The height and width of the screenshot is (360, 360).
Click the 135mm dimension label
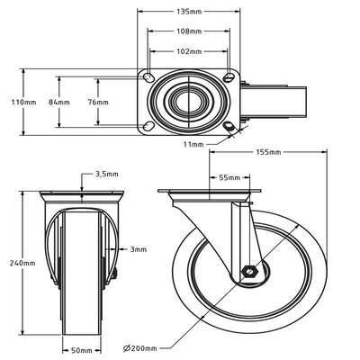(188, 12)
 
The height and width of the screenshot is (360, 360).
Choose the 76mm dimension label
(96, 103)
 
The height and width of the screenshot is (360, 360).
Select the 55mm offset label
(230, 178)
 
